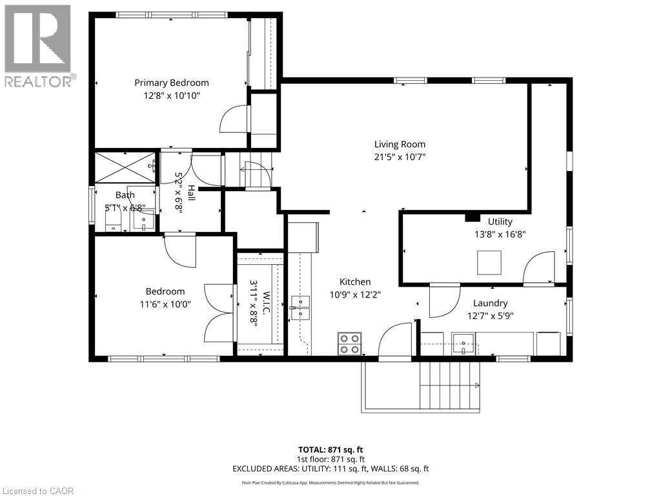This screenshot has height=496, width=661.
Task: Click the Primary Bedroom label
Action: coord(172,83)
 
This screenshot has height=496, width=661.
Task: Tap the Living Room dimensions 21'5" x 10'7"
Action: coord(400,157)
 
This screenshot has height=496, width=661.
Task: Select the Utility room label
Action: coord(500,222)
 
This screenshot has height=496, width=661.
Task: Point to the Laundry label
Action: coord(490,303)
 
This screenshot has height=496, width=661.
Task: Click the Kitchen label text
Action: coord(355,282)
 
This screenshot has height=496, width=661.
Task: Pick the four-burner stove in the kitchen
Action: coord(350,343)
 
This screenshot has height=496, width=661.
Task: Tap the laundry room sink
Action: coord(463,343)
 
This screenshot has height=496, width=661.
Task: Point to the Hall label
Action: coord(191,192)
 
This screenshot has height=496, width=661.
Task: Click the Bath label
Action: coord(125,195)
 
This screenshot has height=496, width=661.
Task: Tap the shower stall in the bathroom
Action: coord(125,167)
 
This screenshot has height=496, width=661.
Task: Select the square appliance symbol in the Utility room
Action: coord(489,262)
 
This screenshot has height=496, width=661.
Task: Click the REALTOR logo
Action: coord(38,45)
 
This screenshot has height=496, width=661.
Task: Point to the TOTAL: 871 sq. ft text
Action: coord(330,449)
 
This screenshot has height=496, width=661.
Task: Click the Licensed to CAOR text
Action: coord(37,490)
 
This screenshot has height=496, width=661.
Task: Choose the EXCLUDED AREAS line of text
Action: coord(330,469)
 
